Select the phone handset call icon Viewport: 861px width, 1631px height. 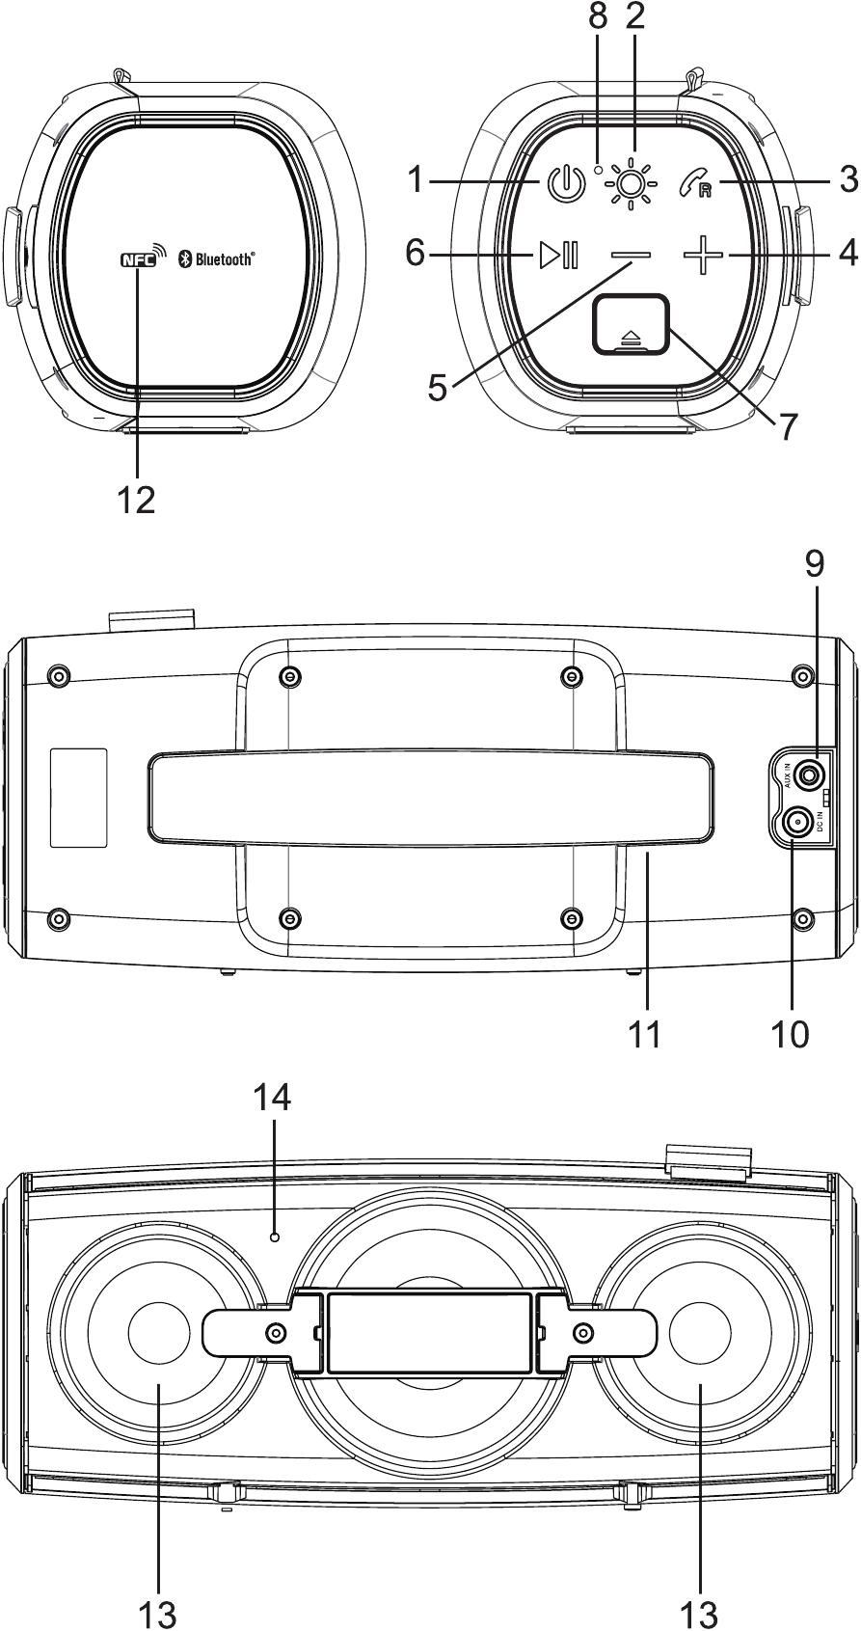697,182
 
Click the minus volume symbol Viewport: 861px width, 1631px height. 632,256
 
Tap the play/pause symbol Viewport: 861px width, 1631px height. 558,256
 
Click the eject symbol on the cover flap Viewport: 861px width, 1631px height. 631,338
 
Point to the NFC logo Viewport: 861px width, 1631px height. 137,258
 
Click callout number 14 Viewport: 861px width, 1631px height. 272,1097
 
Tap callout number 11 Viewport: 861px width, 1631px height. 645,1033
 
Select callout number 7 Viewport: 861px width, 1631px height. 788,425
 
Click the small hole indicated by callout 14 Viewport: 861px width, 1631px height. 275,1237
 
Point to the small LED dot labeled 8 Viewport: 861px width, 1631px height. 599,169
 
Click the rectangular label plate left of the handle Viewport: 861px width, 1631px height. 79,798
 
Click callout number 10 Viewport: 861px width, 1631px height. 790,1033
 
